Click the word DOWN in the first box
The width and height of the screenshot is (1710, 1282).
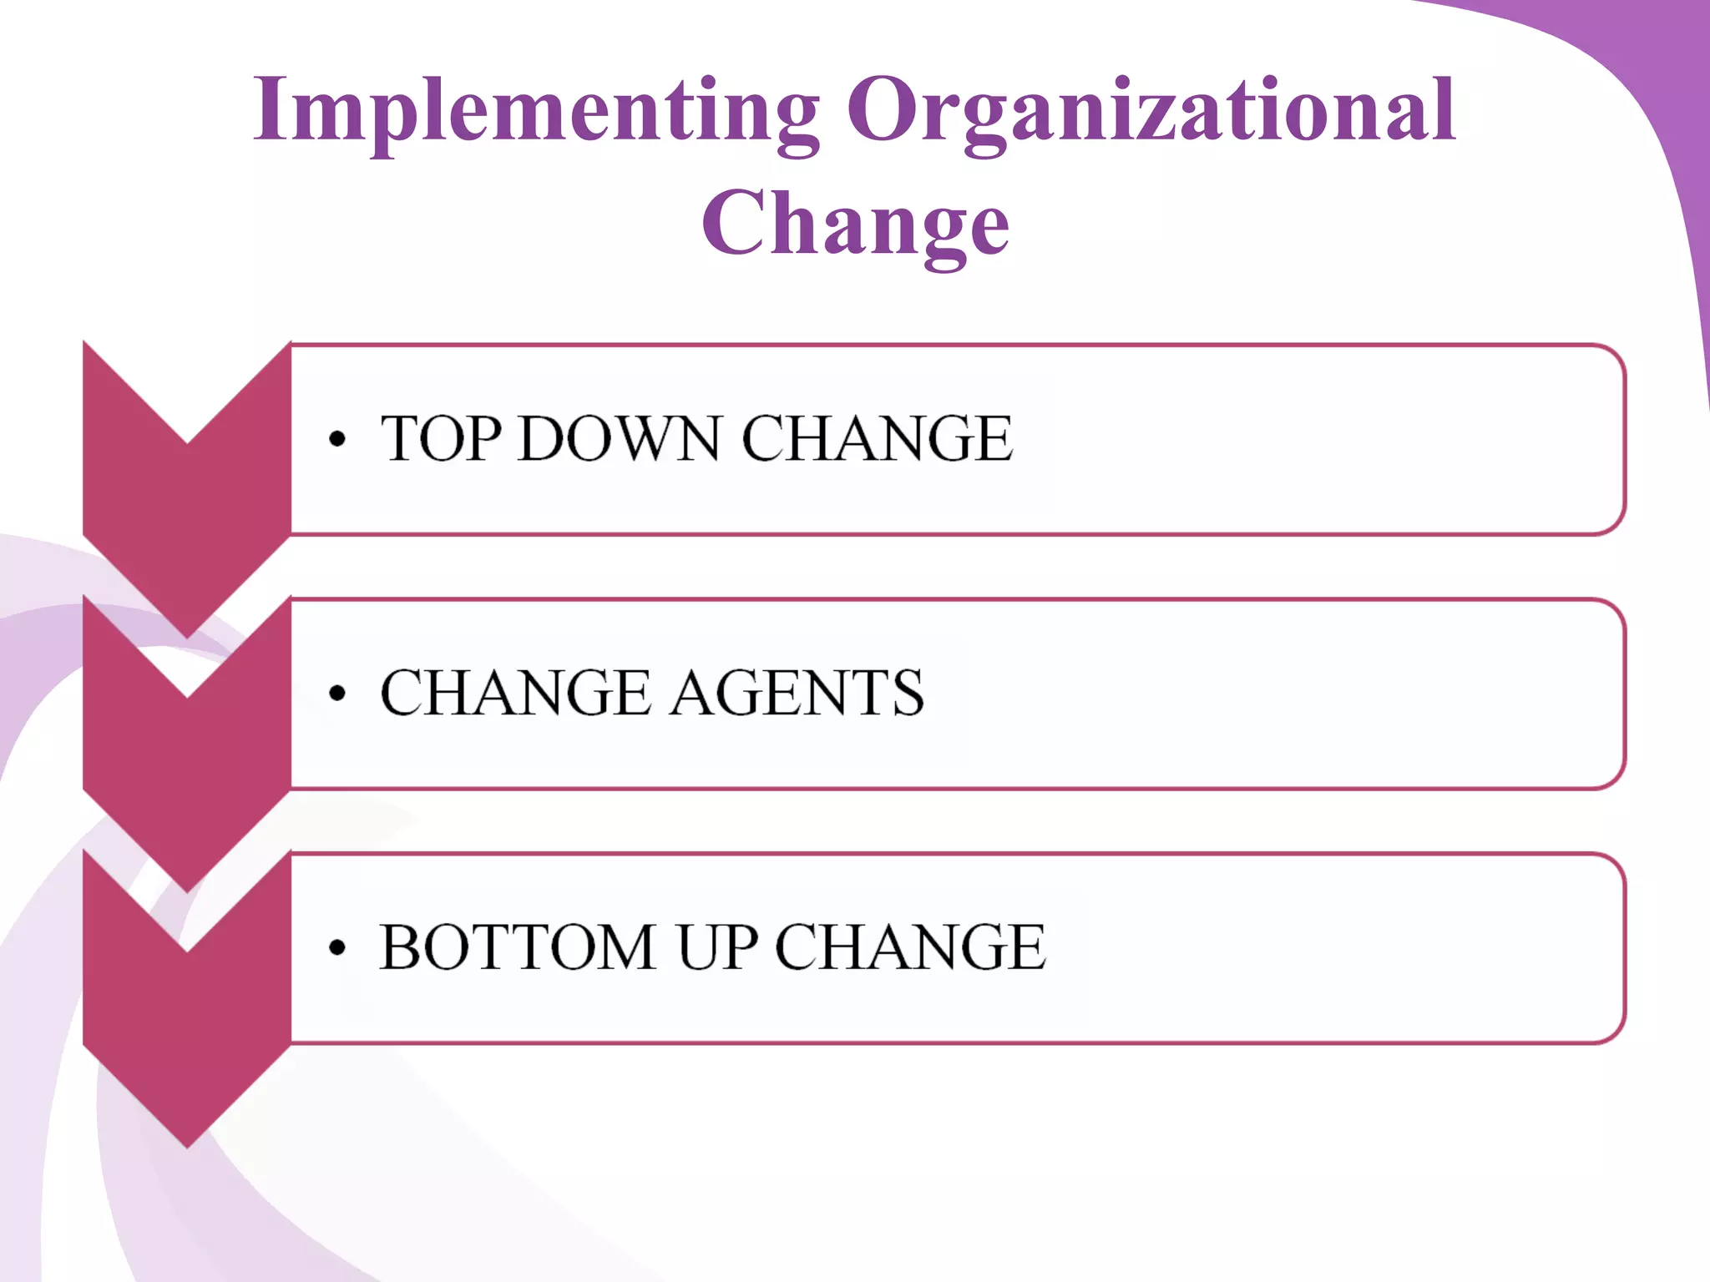click(619, 439)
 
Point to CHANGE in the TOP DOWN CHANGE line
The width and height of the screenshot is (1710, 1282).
click(878, 439)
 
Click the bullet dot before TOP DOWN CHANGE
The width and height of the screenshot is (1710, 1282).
click(336, 440)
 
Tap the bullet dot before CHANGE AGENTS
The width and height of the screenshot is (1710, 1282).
click(336, 694)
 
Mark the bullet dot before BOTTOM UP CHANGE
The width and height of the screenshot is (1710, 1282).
click(336, 948)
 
